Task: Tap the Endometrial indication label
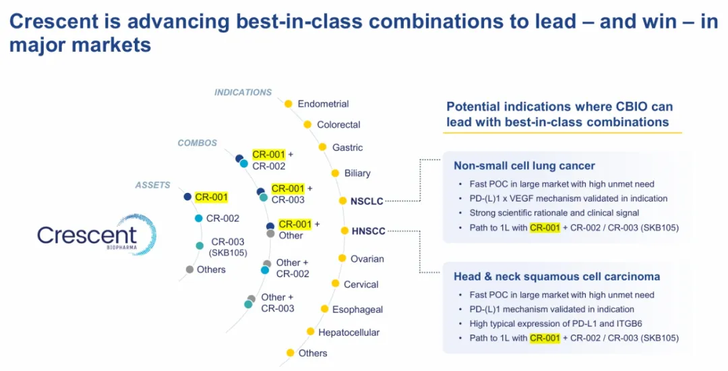click(323, 104)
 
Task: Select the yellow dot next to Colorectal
click(307, 124)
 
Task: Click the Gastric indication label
click(347, 147)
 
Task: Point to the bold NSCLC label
click(367, 201)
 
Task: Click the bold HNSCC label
click(368, 231)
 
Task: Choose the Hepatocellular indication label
click(348, 332)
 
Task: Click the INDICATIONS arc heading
click(243, 92)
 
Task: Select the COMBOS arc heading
click(197, 143)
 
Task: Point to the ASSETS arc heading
click(152, 185)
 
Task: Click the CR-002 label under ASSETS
click(222, 219)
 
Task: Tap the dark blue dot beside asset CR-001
click(187, 197)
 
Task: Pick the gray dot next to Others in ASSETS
click(189, 270)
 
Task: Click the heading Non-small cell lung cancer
click(524, 166)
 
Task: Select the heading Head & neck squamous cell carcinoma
click(556, 277)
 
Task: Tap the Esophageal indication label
click(357, 310)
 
